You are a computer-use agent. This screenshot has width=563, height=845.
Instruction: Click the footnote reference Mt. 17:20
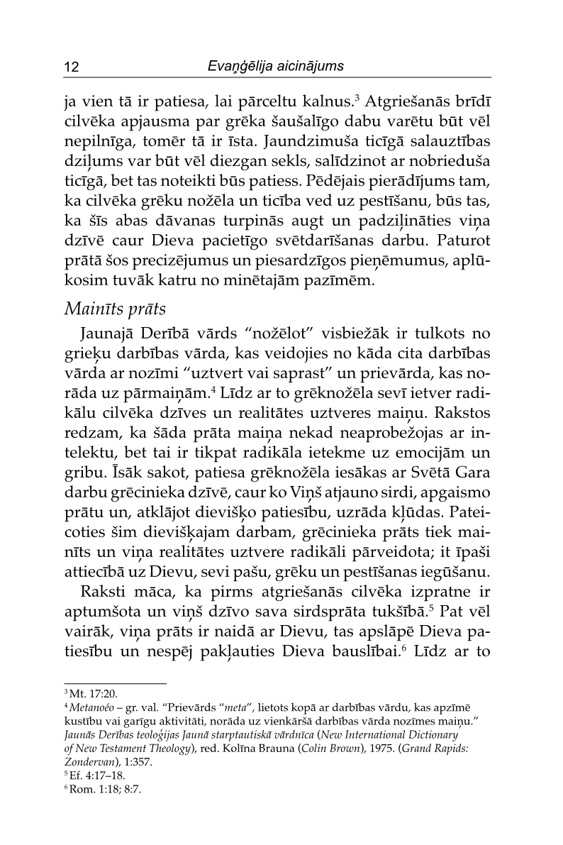tap(84, 695)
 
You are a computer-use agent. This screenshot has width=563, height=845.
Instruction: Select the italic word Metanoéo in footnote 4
tap(94, 708)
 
